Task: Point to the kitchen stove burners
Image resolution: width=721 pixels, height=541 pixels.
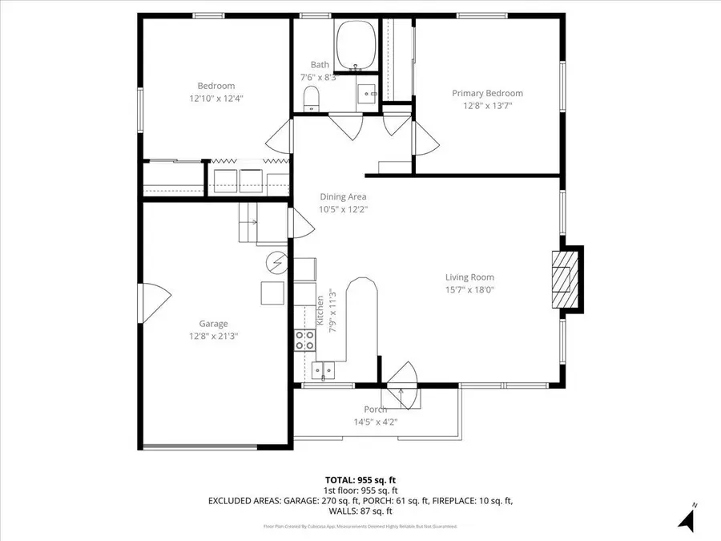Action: [x=304, y=341]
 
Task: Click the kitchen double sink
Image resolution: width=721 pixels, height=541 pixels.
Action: [x=323, y=369]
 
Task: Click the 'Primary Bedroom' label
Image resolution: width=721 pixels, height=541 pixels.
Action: [x=487, y=93]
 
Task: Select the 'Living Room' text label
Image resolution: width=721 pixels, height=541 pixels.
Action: [x=469, y=277]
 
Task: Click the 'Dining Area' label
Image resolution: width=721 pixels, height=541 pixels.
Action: [x=343, y=196]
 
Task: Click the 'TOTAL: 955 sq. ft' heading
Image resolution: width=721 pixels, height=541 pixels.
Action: [x=360, y=480]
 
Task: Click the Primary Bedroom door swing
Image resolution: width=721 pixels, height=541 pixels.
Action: [x=425, y=139]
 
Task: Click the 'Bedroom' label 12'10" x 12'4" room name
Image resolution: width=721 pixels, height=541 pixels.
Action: [x=216, y=86]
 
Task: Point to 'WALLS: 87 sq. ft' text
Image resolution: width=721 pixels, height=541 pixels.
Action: [x=360, y=511]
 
